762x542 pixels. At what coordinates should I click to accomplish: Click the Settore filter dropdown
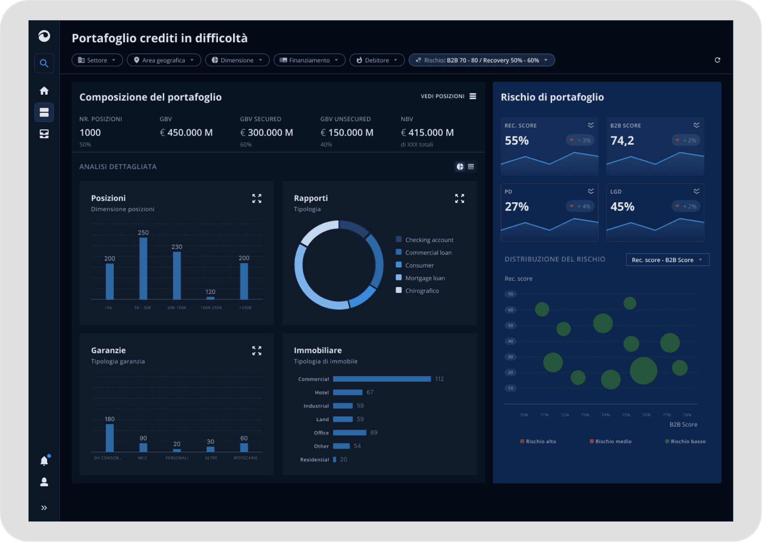point(97,60)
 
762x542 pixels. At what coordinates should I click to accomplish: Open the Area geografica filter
point(164,60)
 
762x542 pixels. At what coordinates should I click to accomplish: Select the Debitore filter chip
point(377,60)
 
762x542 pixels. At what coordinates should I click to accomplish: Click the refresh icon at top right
point(717,60)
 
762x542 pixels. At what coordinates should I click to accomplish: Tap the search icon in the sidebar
point(44,63)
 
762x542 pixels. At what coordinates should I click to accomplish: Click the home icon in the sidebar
point(44,91)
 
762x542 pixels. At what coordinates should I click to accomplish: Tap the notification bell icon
point(44,461)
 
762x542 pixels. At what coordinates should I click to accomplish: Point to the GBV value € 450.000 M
point(186,133)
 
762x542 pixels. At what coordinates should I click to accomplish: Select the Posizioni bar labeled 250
point(143,268)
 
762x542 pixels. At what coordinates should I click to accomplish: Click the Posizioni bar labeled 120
point(210,297)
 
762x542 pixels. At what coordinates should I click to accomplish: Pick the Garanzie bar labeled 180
point(110,438)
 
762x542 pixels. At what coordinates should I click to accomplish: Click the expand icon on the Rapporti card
point(459,198)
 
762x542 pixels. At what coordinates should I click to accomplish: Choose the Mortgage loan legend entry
point(425,278)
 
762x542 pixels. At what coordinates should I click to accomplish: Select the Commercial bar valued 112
point(381,379)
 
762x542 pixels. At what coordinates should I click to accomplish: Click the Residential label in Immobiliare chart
point(314,460)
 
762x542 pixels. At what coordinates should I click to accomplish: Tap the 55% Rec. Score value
point(517,141)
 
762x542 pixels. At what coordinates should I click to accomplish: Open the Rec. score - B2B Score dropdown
point(667,260)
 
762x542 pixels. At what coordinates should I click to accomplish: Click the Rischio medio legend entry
point(613,441)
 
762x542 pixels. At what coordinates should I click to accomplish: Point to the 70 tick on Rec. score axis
point(511,294)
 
